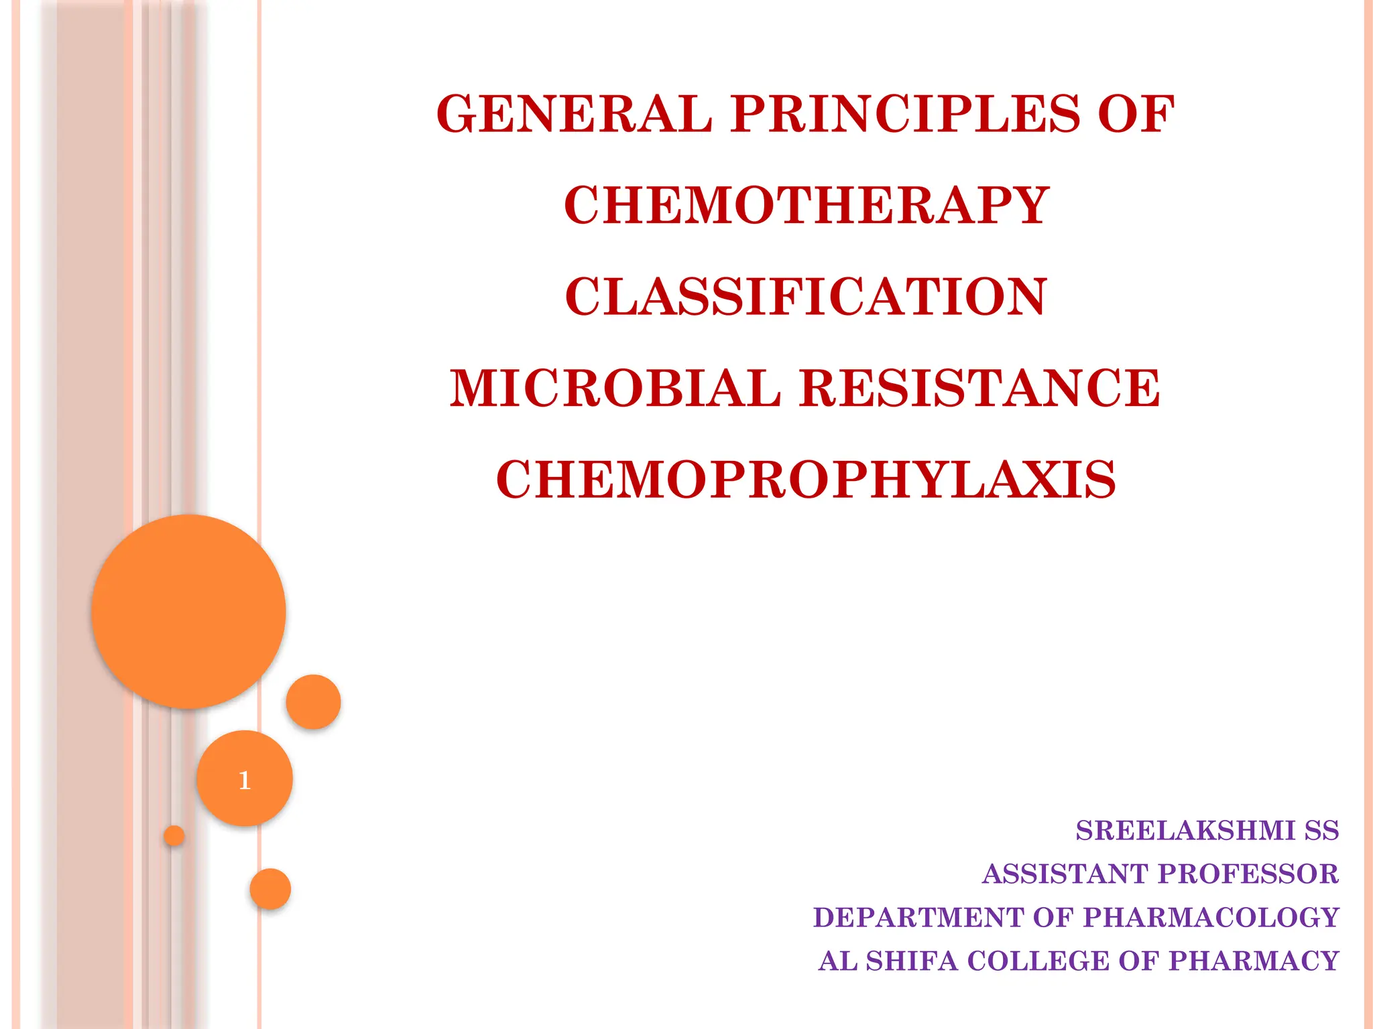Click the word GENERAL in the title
574,114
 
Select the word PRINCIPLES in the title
906,114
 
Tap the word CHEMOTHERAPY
807,205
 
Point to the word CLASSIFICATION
806,297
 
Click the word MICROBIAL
615,389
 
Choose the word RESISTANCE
979,389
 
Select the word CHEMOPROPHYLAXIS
806,480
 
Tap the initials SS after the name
1321,831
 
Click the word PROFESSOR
1248,874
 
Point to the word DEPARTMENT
919,918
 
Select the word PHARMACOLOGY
1211,918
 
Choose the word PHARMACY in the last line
1254,961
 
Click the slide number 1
245,780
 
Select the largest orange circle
189,611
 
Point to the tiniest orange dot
174,835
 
